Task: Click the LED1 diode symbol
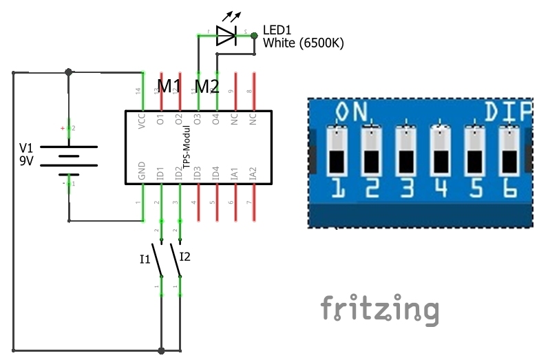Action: pos(226,35)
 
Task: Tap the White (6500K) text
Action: pos(304,43)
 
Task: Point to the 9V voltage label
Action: pos(26,163)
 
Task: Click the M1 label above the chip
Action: pos(169,86)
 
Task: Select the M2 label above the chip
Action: pos(207,86)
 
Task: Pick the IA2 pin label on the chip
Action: pos(253,173)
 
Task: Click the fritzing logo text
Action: pos(379,309)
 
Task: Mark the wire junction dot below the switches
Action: pos(161,350)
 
